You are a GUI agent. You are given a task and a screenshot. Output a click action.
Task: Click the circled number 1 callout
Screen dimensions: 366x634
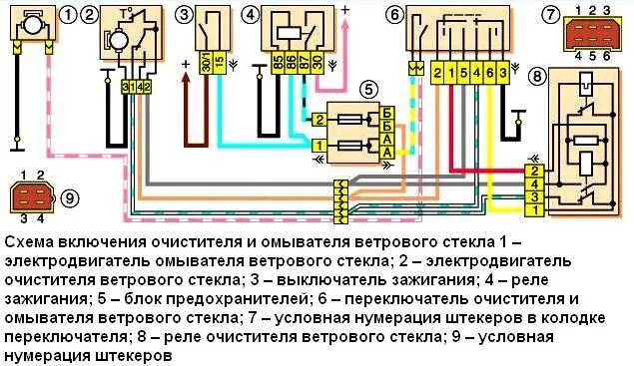[67, 15]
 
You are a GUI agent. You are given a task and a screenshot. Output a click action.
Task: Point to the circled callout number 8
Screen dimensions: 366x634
[539, 75]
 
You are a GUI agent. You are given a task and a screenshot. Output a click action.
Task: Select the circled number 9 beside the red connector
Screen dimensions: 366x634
[69, 196]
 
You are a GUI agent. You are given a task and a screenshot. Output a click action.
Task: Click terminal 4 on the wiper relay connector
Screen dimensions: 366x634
[537, 183]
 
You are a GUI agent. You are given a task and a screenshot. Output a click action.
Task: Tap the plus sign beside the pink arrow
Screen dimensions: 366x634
[345, 9]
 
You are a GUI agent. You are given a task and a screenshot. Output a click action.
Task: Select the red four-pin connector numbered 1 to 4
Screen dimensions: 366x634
[31, 196]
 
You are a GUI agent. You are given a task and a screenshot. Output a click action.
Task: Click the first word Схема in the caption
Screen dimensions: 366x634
[29, 244]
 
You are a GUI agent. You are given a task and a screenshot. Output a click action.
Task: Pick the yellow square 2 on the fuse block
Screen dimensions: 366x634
[318, 120]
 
